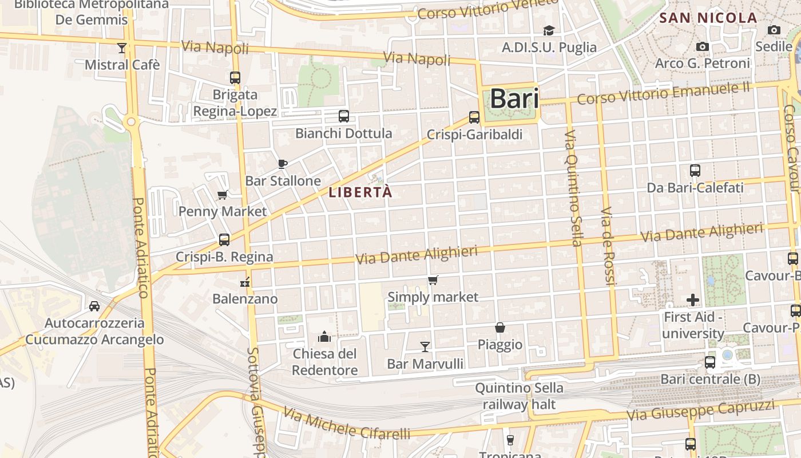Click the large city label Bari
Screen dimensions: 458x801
click(x=514, y=98)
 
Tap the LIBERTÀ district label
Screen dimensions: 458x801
click(x=360, y=192)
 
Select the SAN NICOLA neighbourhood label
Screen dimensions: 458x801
click(x=708, y=18)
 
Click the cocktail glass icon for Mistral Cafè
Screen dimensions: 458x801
click(x=122, y=48)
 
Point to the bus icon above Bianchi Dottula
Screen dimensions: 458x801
click(x=343, y=116)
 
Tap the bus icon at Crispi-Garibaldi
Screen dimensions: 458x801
click(x=474, y=117)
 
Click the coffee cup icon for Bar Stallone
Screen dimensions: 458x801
click(x=282, y=164)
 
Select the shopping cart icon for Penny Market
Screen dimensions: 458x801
click(x=223, y=195)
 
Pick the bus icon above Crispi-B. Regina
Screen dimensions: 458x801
click(x=224, y=240)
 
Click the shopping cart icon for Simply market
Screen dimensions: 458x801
click(x=433, y=281)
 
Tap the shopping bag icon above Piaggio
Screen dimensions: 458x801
click(x=500, y=327)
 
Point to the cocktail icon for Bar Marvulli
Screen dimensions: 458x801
click(x=425, y=346)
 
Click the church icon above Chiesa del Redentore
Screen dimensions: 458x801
click(x=324, y=336)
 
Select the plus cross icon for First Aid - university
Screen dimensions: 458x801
click(x=693, y=300)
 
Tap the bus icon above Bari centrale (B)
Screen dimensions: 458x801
click(x=710, y=362)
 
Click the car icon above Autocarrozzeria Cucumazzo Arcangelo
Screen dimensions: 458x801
click(x=94, y=306)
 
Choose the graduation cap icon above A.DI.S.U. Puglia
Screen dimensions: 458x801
click(x=549, y=30)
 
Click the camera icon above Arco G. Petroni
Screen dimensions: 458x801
click(x=703, y=46)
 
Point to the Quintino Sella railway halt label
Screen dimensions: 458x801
click(x=519, y=396)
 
